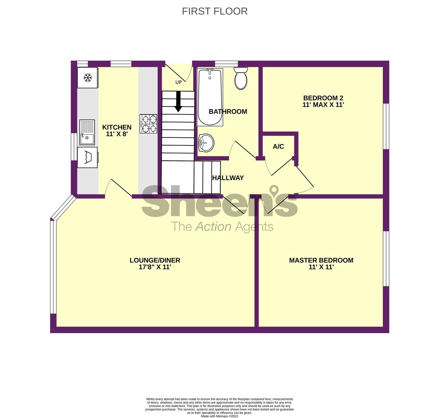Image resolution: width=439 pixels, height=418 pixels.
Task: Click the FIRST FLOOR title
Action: [215, 11]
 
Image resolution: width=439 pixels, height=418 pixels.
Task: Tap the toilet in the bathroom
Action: [241, 78]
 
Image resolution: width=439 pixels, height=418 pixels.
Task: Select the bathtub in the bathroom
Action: [210, 97]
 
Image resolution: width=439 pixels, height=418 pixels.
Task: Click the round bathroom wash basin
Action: [206, 143]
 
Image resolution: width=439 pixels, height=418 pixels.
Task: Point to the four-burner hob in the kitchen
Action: [149, 124]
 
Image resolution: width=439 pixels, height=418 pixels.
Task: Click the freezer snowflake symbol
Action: [88, 77]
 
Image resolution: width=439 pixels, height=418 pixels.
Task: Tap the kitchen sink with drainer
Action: [87, 132]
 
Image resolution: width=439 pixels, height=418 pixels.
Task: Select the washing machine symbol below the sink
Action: [87, 158]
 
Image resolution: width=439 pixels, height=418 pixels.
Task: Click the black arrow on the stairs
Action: [178, 102]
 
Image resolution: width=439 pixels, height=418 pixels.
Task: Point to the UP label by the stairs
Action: [178, 82]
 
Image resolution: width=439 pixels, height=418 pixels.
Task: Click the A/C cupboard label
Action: [278, 146]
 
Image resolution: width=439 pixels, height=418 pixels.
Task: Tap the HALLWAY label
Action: [228, 178]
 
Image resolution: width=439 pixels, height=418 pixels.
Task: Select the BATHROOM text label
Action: [228, 111]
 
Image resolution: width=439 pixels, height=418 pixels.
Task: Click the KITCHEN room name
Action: [117, 127]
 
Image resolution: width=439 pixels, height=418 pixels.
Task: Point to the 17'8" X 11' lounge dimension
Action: [155, 267]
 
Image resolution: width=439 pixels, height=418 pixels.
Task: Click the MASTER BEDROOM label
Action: [321, 260]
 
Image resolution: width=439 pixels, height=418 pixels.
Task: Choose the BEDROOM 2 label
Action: [323, 98]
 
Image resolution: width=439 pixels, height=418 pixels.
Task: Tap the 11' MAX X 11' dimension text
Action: [323, 105]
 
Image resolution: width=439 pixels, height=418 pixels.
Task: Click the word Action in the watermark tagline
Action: [213, 226]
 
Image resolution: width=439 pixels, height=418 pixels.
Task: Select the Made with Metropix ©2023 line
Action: [219, 416]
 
